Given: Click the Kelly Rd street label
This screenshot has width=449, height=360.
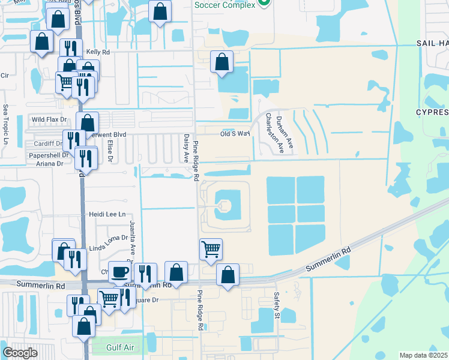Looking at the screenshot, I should [x=98, y=53].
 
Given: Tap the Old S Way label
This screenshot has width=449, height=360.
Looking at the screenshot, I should [x=234, y=133].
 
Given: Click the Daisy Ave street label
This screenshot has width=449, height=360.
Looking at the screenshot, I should [x=186, y=148].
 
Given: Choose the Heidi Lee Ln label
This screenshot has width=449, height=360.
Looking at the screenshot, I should [x=107, y=214].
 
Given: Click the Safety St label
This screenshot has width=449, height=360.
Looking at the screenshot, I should [x=277, y=305].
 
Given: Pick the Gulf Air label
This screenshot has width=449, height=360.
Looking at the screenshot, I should [x=118, y=347].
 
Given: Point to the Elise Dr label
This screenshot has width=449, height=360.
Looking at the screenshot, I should [x=110, y=151].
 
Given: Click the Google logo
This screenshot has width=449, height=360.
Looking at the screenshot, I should [x=20, y=353].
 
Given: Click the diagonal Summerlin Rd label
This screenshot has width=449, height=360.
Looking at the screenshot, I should [x=328, y=259].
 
